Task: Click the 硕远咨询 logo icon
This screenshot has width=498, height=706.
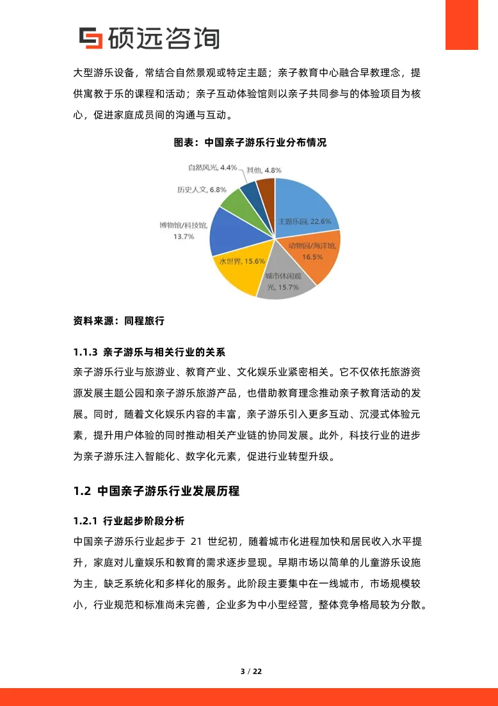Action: [x=90, y=38]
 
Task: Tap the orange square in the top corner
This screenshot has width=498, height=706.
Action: [x=462, y=24]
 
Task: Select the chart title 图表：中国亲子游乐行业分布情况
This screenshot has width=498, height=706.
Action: [x=250, y=143]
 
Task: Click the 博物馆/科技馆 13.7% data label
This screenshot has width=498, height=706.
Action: [x=182, y=230]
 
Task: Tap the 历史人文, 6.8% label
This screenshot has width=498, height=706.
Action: [x=202, y=190]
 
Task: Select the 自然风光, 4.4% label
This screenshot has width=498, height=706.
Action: [x=212, y=168]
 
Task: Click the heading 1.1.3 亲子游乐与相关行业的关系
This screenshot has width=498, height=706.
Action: [x=149, y=352]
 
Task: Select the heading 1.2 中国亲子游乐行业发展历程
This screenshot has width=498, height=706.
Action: [x=157, y=491]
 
